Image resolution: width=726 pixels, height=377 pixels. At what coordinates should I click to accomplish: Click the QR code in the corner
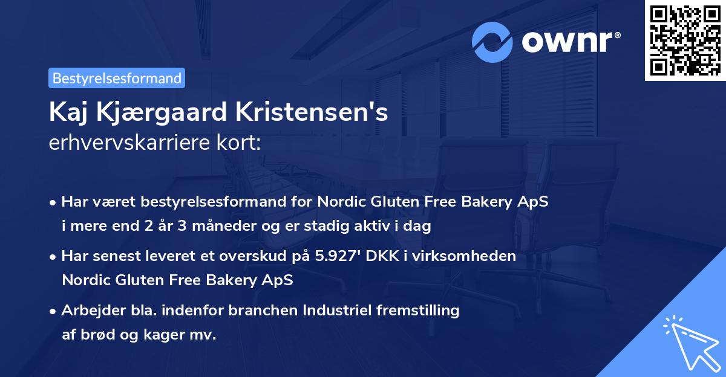(685, 40)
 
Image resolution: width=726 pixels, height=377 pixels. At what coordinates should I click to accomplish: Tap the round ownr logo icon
(493, 42)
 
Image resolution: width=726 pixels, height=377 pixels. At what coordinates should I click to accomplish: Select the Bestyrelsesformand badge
(117, 78)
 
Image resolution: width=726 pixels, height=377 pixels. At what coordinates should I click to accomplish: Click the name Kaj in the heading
(70, 112)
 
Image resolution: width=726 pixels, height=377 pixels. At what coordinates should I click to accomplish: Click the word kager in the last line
(162, 335)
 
